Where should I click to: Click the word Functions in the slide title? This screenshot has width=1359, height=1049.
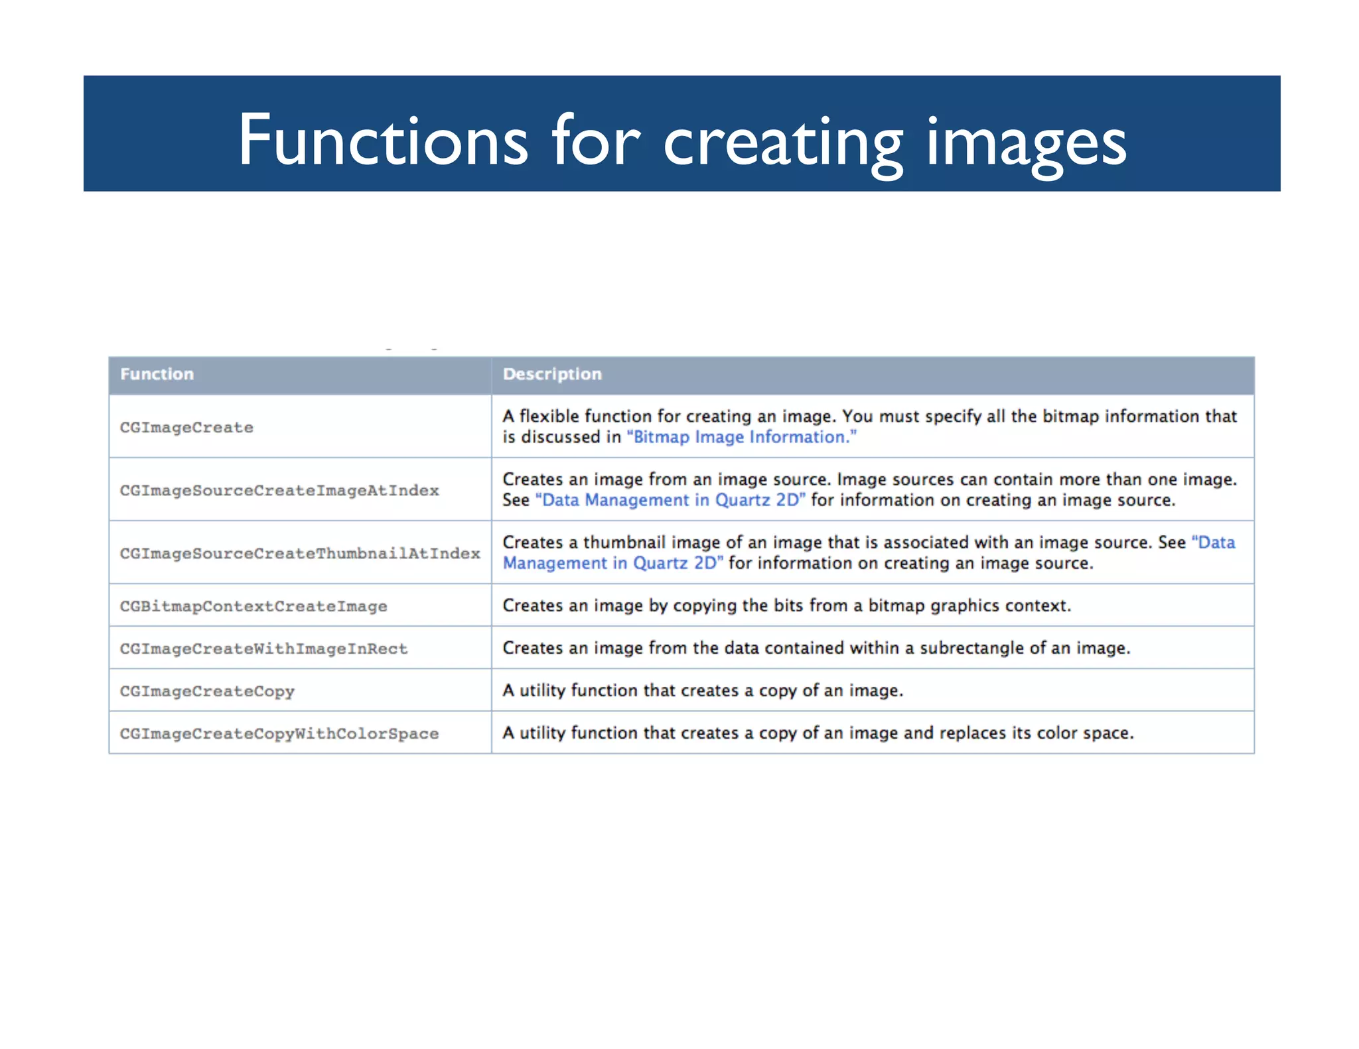click(383, 141)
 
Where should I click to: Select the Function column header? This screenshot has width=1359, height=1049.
click(157, 374)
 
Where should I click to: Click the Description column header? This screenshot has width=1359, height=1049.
click(552, 374)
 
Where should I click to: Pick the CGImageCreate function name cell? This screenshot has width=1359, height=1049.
click(186, 428)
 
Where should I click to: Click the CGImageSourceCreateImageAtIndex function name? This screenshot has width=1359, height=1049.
click(279, 491)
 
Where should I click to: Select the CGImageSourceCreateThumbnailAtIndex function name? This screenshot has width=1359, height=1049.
click(300, 554)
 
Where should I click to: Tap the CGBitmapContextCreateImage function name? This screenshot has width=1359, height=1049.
click(253, 607)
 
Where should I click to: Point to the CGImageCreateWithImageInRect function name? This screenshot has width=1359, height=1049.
click(263, 649)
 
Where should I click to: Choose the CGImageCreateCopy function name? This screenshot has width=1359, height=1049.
click(207, 692)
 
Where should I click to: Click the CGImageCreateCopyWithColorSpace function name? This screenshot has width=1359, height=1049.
click(279, 734)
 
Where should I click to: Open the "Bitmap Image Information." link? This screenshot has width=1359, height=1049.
click(741, 438)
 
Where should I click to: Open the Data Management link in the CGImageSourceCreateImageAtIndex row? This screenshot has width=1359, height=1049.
click(670, 501)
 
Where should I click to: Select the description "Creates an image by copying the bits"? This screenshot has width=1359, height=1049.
click(786, 605)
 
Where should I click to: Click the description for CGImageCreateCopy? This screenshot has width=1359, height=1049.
click(703, 690)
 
